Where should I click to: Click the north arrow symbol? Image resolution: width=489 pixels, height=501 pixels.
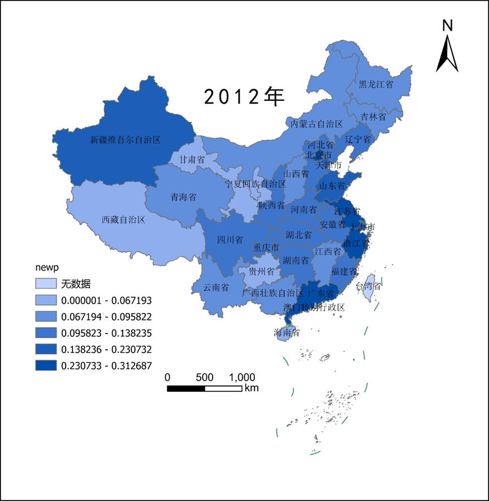(447, 53)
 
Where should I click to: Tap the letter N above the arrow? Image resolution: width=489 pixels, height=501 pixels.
(448, 25)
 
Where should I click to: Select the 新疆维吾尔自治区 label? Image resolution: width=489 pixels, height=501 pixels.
(126, 139)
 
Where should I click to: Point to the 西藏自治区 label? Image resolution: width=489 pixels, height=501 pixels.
(123, 219)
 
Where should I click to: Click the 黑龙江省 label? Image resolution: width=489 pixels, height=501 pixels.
(376, 84)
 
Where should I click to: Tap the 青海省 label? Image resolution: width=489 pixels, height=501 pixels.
(184, 197)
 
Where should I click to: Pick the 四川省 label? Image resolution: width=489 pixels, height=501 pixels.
(230, 239)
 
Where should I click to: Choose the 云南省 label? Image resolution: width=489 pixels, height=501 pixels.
(216, 288)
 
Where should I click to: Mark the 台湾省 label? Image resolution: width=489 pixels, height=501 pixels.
(368, 286)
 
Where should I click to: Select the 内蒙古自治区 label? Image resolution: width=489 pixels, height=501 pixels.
(317, 123)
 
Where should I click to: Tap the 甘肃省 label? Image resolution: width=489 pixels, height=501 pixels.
(192, 160)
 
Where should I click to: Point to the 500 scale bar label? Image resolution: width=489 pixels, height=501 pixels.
(205, 377)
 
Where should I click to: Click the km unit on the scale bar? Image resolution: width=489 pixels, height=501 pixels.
(252, 388)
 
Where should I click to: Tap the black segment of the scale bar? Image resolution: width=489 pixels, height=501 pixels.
(186, 388)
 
